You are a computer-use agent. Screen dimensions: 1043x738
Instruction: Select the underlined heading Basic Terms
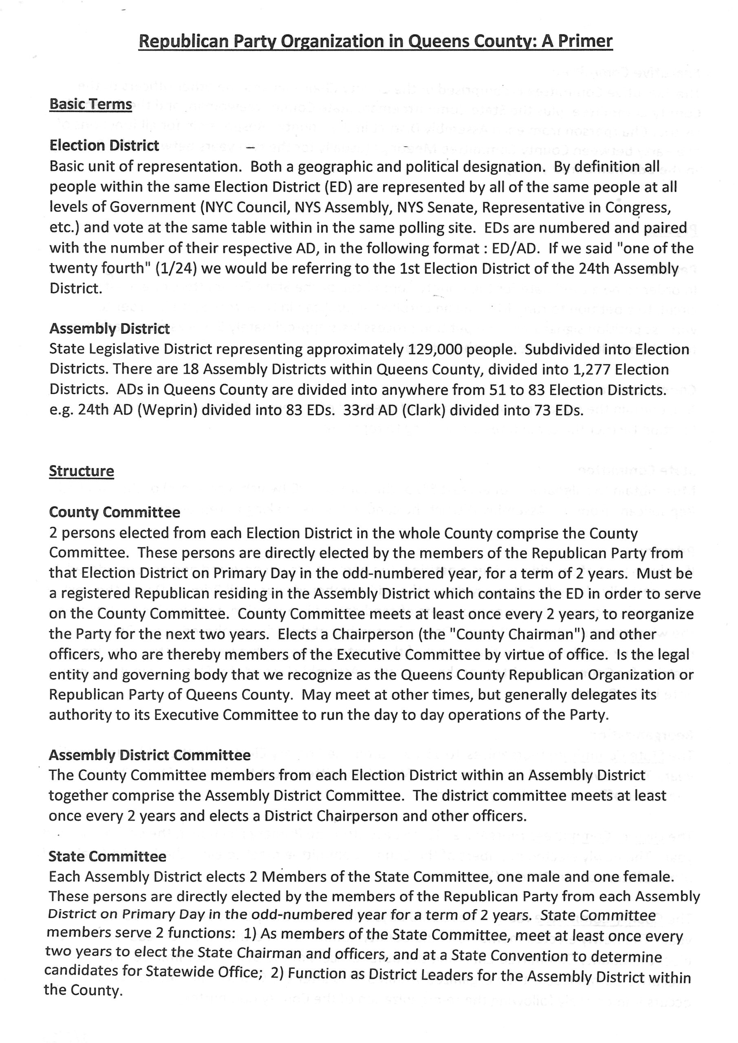pyautogui.click(x=90, y=104)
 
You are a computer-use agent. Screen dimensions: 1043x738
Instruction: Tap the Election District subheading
pyautogui.click(x=104, y=145)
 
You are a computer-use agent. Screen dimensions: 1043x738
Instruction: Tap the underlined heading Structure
pyautogui.click(x=82, y=471)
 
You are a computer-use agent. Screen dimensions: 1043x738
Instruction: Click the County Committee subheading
pyautogui.click(x=115, y=512)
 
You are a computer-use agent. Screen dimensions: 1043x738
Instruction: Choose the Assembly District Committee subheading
pyautogui.click(x=150, y=755)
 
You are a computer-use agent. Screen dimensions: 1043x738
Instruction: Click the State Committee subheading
pyautogui.click(x=107, y=856)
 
